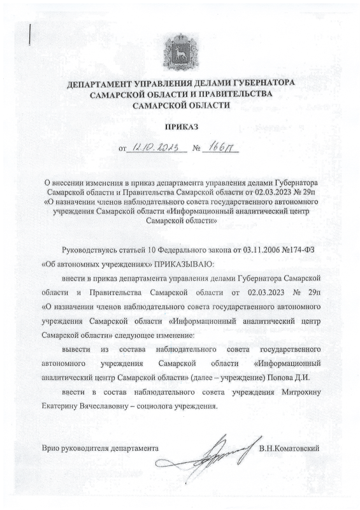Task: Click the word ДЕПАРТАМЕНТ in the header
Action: (x=102, y=84)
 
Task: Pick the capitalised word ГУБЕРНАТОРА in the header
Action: (x=262, y=84)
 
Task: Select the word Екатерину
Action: (x=62, y=405)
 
